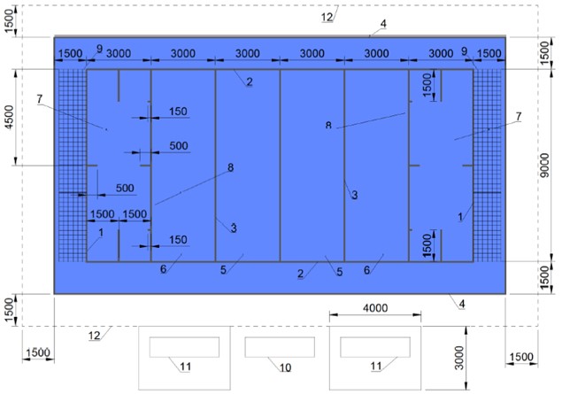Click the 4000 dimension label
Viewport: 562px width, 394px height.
coord(375,308)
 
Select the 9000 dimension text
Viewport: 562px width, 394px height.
coord(545,166)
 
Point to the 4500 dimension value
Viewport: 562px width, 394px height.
coord(10,117)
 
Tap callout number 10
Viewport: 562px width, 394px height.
coord(285,367)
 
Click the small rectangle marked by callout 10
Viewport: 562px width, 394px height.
coord(280,347)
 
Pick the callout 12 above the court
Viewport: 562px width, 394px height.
coord(327,17)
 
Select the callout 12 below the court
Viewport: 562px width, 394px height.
coord(95,336)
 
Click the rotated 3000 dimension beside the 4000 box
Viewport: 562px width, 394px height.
coord(458,358)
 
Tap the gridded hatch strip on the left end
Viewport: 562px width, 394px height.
coord(72,166)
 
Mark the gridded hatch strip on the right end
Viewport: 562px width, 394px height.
coord(488,166)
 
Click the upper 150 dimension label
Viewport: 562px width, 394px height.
coord(178,112)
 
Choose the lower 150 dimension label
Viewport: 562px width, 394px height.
coord(178,240)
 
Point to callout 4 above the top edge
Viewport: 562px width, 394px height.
coord(383,24)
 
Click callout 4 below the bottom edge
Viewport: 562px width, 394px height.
coord(462,304)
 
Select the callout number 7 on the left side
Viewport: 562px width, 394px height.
coord(40,98)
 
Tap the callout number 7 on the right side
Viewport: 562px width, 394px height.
coord(519,116)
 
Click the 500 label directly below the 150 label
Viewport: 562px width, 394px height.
coord(179,145)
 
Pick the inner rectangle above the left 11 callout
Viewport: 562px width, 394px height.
coord(184,347)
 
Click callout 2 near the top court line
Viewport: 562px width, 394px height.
coord(250,81)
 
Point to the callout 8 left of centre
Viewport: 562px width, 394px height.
coord(230,167)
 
